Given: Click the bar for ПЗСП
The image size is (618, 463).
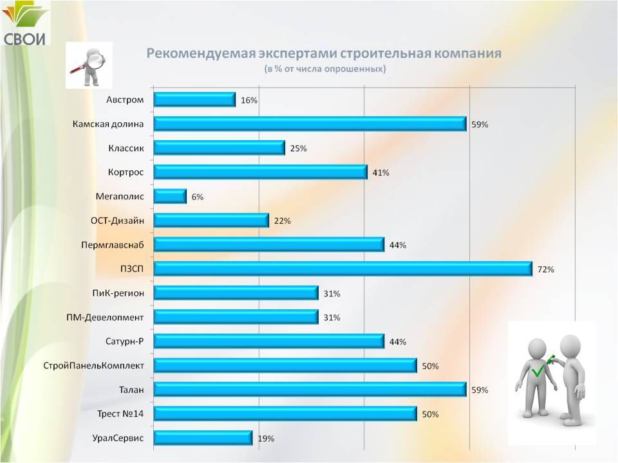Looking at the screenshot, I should click(343, 269).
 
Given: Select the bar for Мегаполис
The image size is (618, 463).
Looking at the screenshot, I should click(171, 196).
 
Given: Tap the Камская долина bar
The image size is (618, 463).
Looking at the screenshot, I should click(310, 123).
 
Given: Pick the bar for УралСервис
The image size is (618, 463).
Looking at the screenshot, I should click(203, 438).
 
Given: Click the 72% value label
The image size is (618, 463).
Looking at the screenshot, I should click(546, 269).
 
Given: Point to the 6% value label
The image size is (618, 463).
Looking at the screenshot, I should click(197, 197).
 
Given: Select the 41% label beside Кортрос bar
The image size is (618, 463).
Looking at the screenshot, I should click(380, 172).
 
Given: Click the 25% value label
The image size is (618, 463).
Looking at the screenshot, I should click(298, 149).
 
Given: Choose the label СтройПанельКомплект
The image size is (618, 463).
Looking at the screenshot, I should click(93, 366).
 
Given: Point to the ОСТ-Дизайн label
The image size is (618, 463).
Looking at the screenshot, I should click(117, 221).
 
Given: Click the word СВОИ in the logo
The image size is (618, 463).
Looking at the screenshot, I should click(26, 38).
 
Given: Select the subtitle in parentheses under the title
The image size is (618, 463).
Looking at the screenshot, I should click(324, 68).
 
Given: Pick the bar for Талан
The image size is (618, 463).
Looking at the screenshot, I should click(310, 390).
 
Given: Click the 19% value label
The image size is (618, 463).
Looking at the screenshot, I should click(266, 439).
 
